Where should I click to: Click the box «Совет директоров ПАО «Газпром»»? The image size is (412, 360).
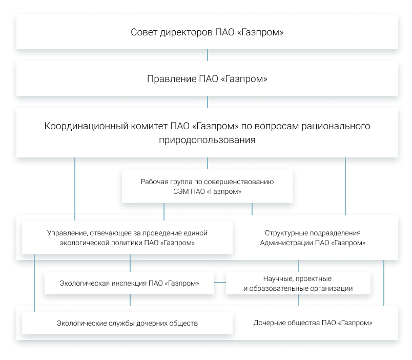pyautogui.click(x=207, y=32)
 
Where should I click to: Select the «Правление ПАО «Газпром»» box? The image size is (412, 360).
pyautogui.click(x=207, y=78)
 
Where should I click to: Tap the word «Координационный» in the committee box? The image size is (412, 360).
pyautogui.click(x=86, y=126)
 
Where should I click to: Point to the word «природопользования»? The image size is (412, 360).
pyautogui.click(x=207, y=140)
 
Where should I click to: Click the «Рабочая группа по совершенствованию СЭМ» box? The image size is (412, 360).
pyautogui.click(x=207, y=186)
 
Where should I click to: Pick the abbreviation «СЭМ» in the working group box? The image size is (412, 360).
pyautogui.click(x=181, y=191)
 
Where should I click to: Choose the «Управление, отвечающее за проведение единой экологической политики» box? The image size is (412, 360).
pyautogui.click(x=127, y=237)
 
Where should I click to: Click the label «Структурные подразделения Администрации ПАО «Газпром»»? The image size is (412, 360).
pyautogui.click(x=313, y=238)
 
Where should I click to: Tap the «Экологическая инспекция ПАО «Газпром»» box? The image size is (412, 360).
pyautogui.click(x=129, y=283)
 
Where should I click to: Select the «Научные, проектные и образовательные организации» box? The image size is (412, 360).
pyautogui.click(x=298, y=283)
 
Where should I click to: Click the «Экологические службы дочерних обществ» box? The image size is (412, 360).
pyautogui.click(x=127, y=323)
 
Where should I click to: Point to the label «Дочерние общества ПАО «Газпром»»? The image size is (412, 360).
pyautogui.click(x=313, y=323)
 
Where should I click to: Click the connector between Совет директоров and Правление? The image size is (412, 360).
pyautogui.click(x=208, y=55)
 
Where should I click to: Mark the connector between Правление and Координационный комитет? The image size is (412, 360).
pyautogui.click(x=208, y=102)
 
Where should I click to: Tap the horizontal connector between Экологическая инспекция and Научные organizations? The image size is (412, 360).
pyautogui.click(x=220, y=283)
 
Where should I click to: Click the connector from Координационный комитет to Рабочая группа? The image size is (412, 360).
pyautogui.click(x=208, y=163)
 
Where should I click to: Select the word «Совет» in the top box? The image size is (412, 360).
pyautogui.click(x=144, y=32)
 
